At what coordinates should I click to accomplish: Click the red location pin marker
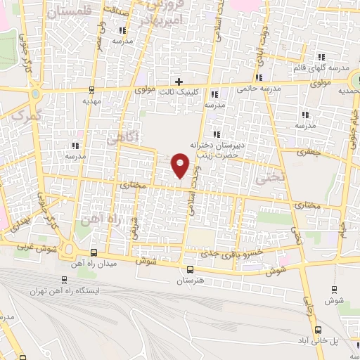181,165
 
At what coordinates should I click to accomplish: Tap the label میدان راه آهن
93,265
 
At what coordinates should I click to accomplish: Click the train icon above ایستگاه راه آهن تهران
65,279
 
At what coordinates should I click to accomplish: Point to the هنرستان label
190,281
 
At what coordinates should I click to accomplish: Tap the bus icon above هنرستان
190,269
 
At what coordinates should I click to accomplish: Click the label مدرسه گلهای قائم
327,69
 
